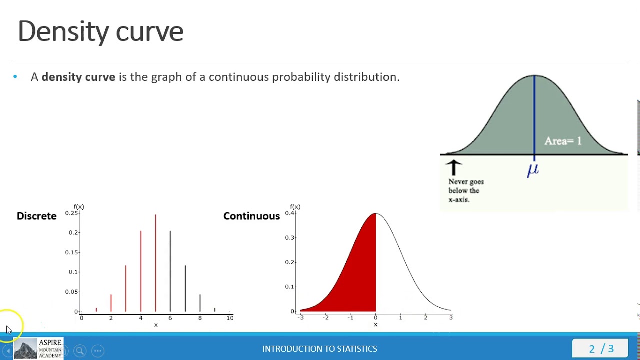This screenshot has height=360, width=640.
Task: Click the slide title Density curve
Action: pos(100,31)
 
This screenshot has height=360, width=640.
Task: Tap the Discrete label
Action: pos(37,216)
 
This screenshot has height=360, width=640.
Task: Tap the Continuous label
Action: pos(251,216)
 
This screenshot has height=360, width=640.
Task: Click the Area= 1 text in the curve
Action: pos(563,141)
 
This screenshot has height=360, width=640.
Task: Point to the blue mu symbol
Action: pos(533,170)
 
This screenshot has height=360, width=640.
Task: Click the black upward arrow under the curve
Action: pos(453,167)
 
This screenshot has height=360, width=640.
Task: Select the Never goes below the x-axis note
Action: pos(466,190)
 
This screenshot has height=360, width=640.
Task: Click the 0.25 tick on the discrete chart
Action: pos(72,213)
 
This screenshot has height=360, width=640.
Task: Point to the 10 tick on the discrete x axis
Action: pos(230,318)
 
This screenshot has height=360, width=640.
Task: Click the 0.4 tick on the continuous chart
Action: pos(289,213)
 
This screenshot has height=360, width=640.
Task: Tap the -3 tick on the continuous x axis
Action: pos(301,317)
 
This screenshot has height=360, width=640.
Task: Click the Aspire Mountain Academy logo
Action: pos(38,348)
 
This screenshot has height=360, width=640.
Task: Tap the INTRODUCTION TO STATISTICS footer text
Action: pos(320,349)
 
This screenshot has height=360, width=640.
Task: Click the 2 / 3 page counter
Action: pos(601,349)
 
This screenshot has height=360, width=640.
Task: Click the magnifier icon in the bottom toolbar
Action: pos(80,351)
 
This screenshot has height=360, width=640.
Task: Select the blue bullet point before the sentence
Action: pos(15,76)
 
